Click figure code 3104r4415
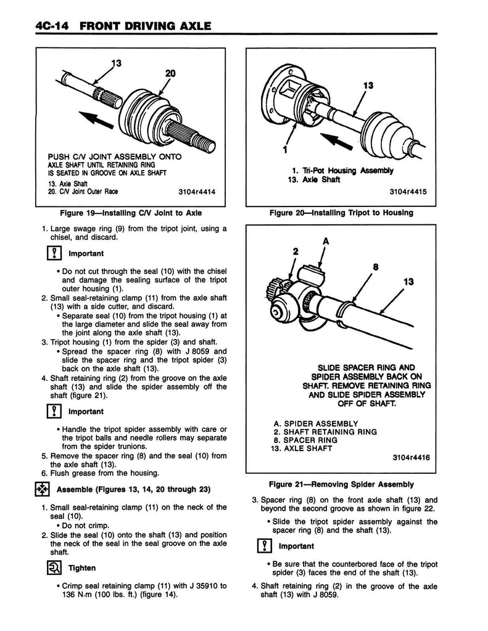[412, 191]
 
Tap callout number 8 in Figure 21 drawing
[375, 267]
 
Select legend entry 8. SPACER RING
[305, 441]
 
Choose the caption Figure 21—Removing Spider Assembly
[340, 484]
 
